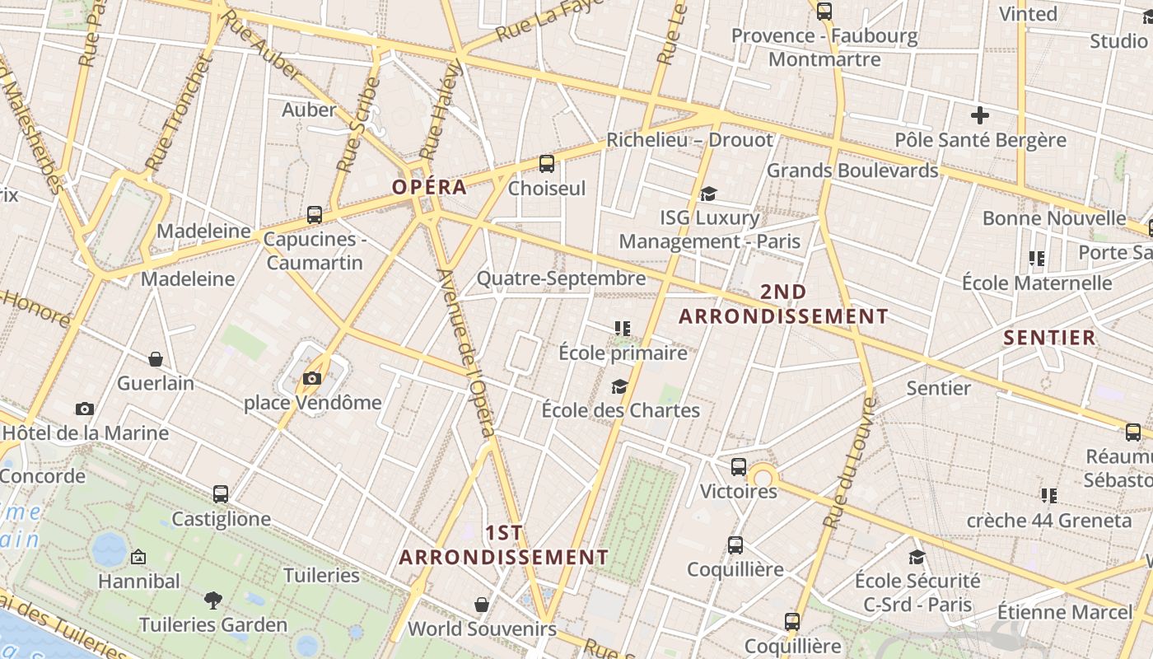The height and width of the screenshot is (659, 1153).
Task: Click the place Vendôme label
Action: pyautogui.click(x=313, y=403)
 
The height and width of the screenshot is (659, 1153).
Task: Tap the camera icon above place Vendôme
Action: pyautogui.click(x=312, y=378)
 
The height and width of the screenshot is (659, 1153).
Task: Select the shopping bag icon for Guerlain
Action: pyautogui.click(x=156, y=359)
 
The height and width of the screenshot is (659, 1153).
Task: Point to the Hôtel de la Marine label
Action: pyautogui.click(x=85, y=433)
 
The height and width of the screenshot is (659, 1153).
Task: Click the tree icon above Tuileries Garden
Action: pyautogui.click(x=213, y=600)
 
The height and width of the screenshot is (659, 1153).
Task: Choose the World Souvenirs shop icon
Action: pyautogui.click(x=482, y=605)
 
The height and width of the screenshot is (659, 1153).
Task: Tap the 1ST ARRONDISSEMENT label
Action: pyautogui.click(x=504, y=545)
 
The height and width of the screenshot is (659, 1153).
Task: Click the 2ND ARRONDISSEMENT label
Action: pyautogui.click(x=783, y=304)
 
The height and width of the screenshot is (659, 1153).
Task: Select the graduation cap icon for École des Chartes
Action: pyautogui.click(x=619, y=386)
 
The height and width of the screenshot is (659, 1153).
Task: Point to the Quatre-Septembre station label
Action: pyautogui.click(x=561, y=278)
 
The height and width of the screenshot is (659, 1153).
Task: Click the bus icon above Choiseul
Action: pyautogui.click(x=547, y=163)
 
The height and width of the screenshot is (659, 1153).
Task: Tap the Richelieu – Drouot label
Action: pyautogui.click(x=690, y=140)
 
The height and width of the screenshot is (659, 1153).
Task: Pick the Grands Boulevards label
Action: pyautogui.click(x=852, y=171)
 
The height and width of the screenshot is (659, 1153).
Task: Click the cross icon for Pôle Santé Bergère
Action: pyautogui.click(x=979, y=115)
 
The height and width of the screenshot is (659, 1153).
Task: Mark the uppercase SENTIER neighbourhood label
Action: pyautogui.click(x=1049, y=338)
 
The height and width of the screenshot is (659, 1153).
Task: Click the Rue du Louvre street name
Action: pyautogui.click(x=848, y=463)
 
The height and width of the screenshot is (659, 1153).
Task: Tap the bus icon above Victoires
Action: pyautogui.click(x=739, y=467)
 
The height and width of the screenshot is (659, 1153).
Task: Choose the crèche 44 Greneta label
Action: pyautogui.click(x=1048, y=521)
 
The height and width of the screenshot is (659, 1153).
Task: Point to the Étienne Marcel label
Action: pyautogui.click(x=1064, y=612)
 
